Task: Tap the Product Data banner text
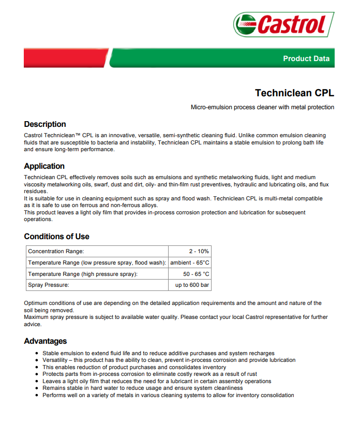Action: [306, 59]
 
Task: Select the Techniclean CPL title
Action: [294, 93]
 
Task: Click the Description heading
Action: [45, 124]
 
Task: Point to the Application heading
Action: [44, 166]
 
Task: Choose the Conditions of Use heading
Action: [56, 237]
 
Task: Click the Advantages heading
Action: [46, 341]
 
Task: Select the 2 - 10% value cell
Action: [199, 251]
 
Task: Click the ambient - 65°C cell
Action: [190, 262]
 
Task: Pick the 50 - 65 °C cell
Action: [196, 274]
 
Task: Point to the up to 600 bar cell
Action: [192, 285]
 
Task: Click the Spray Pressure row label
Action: [49, 285]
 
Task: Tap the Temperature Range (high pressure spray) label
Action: [83, 274]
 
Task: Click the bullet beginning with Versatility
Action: [169, 360]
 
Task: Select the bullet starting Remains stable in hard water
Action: [142, 388]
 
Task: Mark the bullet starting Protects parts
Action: [149, 374]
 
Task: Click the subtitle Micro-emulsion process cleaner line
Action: [262, 107]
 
